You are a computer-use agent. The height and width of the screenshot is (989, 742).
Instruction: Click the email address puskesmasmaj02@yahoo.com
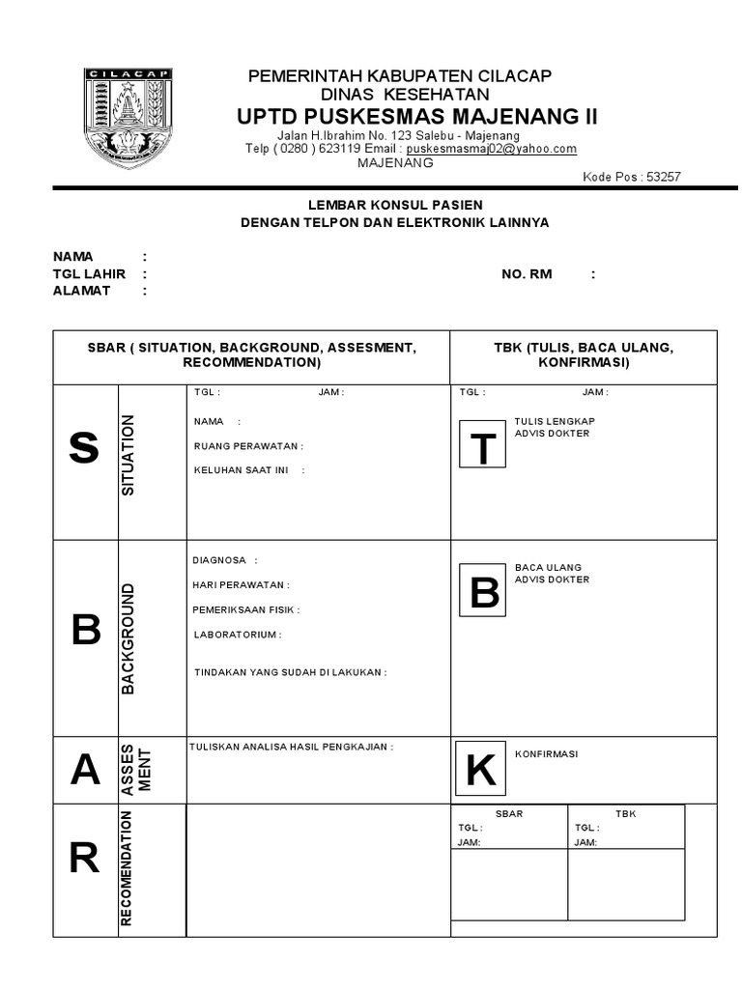click(x=492, y=149)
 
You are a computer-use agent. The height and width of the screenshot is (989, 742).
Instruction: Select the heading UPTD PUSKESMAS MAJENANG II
click(x=417, y=117)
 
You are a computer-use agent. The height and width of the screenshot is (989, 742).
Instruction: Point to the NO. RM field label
click(x=527, y=274)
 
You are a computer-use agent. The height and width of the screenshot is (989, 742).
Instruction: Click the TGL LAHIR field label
click(x=89, y=274)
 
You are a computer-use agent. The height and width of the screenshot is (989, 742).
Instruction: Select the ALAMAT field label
click(x=81, y=291)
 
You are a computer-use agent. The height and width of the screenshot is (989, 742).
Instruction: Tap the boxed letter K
click(x=480, y=771)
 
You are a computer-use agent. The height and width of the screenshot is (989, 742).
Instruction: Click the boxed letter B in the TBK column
click(x=482, y=593)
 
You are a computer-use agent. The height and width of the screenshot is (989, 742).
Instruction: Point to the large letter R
click(x=84, y=858)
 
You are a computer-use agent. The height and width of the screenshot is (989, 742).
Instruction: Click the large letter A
click(x=85, y=771)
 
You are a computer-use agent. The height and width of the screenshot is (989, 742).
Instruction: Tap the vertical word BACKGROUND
click(x=128, y=638)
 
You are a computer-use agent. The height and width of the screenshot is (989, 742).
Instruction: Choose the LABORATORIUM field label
click(x=237, y=635)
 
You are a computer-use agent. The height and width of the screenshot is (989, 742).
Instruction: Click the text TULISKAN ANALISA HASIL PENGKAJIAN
click(x=291, y=747)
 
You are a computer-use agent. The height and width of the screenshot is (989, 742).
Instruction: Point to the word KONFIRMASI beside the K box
click(x=546, y=753)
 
